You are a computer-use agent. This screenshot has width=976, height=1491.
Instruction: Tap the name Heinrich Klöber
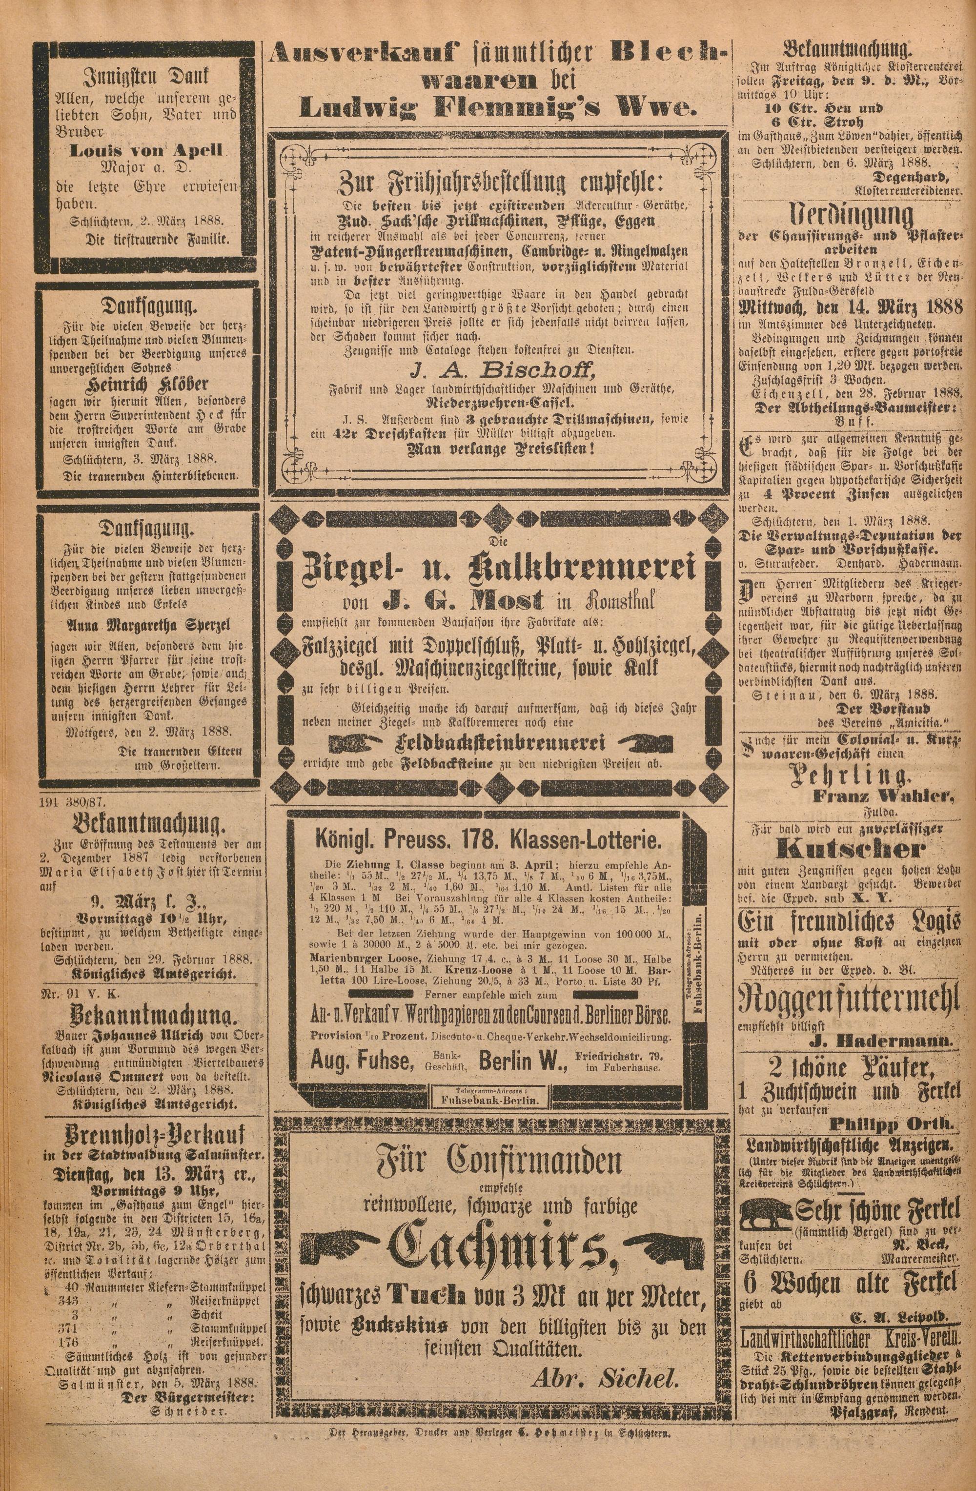tap(148, 384)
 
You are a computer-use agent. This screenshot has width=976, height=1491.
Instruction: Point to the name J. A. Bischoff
tap(501, 371)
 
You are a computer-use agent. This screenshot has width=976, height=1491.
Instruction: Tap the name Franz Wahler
tap(883, 796)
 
